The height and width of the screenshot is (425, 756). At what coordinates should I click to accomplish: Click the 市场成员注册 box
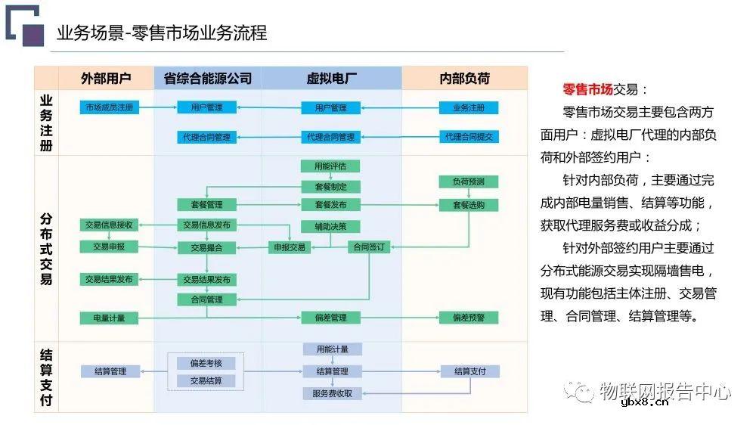coord(110,107)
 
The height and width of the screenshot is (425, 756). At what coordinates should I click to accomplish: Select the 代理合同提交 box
coord(469,137)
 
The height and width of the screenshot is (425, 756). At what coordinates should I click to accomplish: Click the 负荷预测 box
coord(469,181)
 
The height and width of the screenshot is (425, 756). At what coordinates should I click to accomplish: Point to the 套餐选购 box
coord(469,205)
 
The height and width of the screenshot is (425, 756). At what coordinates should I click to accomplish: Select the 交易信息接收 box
coord(110,225)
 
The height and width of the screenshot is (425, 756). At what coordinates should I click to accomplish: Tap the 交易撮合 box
coord(206,247)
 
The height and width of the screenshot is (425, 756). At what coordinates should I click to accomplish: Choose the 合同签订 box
coord(369,247)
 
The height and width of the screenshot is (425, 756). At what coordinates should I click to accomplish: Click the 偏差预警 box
coord(469,318)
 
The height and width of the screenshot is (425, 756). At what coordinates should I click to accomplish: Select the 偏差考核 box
coord(206,363)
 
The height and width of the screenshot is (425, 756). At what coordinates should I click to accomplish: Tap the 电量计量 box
coord(110,318)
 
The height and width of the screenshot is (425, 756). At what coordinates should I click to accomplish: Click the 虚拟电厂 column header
coord(332,78)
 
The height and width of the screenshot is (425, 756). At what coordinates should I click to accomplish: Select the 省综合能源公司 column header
coord(208,78)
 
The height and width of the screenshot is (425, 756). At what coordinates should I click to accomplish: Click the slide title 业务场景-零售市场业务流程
coord(162,33)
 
